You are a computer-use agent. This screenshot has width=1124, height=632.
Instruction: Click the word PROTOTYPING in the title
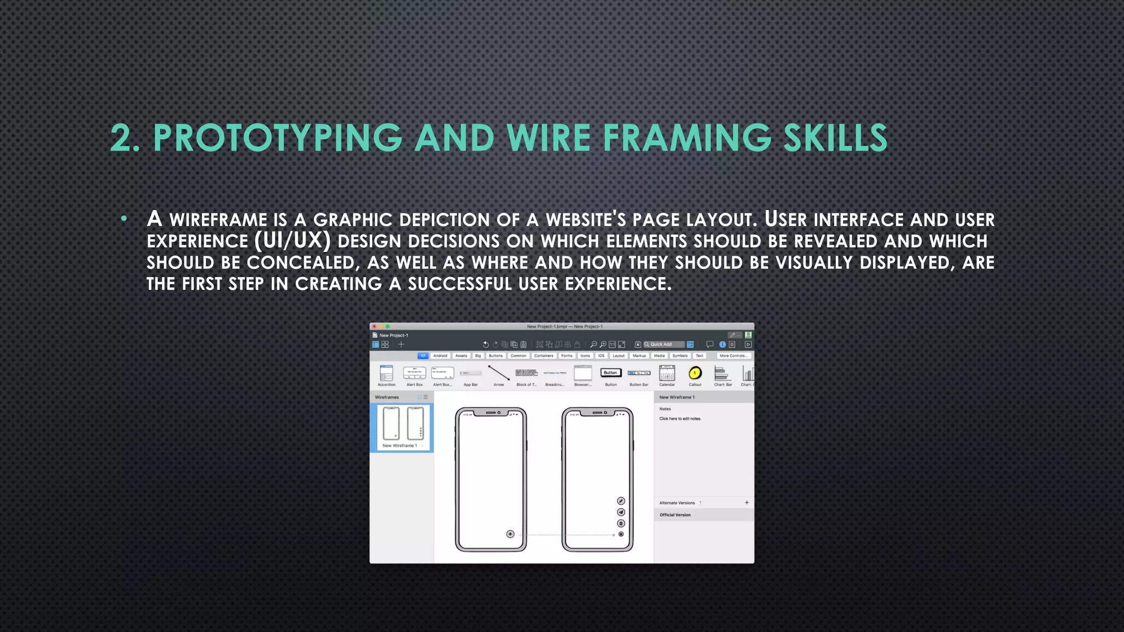(277, 138)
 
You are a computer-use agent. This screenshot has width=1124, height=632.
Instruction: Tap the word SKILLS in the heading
(835, 138)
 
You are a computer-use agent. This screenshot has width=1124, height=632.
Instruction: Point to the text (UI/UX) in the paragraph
(293, 240)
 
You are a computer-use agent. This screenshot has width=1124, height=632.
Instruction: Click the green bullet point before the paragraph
(124, 219)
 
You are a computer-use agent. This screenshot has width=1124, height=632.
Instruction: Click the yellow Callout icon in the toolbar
(695, 374)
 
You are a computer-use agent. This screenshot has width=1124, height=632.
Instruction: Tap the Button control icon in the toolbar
(610, 373)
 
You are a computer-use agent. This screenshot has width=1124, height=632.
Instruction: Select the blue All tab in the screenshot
(423, 356)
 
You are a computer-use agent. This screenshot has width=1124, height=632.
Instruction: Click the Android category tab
(440, 356)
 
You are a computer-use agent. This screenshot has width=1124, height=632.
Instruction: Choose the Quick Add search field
(664, 345)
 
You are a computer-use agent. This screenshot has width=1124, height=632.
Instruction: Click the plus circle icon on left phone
(510, 534)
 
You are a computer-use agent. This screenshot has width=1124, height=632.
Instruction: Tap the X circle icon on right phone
(621, 534)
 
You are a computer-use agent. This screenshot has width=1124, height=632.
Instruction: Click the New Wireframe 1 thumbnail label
(400, 445)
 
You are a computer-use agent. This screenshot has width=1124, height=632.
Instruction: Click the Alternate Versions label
(677, 503)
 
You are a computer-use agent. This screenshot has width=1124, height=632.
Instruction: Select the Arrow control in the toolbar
(498, 374)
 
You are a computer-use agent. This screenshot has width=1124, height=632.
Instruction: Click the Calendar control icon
(667, 374)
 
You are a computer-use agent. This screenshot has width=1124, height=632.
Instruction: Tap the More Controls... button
(733, 356)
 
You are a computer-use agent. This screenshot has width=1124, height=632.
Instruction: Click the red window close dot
(374, 326)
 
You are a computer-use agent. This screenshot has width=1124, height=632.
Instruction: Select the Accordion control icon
(386, 374)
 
